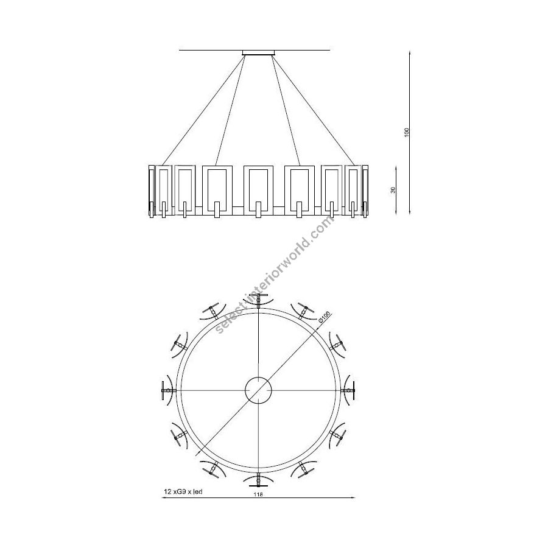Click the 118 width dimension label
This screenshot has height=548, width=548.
258,494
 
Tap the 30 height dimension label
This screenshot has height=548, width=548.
393,190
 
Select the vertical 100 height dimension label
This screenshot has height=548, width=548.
407,133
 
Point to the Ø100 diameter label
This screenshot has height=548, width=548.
324,316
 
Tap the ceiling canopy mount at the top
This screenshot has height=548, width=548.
258,53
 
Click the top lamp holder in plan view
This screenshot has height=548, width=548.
259,301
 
